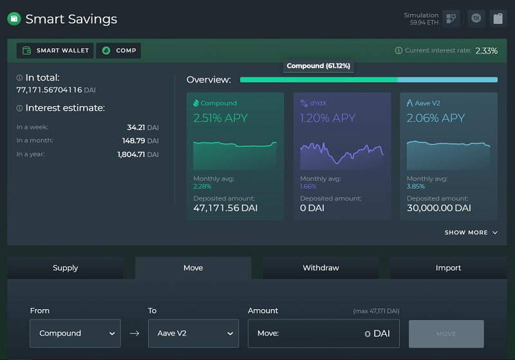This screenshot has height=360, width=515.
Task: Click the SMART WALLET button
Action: point(55,51)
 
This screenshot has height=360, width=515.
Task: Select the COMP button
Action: point(118,51)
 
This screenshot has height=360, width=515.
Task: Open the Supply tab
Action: point(66,268)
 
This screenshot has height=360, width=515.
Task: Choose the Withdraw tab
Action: point(321,268)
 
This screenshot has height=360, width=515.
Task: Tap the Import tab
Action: point(448,268)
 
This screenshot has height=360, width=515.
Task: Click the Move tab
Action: point(193,268)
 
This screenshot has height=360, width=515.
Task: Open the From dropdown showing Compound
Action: point(75,334)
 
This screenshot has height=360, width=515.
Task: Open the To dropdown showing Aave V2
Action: point(194,334)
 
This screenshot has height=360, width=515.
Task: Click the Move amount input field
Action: point(324,334)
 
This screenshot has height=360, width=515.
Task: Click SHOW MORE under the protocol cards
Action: point(471,232)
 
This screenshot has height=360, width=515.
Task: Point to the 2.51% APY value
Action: point(220,118)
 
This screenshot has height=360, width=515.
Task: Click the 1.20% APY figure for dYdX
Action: point(328,118)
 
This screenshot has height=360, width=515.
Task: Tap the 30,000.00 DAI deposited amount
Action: point(439,208)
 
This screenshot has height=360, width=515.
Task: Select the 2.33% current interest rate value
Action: point(487,51)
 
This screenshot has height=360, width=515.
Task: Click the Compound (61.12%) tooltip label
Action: point(318,66)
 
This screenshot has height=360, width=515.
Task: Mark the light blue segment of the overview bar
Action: point(447,80)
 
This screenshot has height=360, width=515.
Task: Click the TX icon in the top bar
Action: point(476,19)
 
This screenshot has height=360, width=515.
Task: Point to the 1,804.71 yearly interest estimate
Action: point(131,155)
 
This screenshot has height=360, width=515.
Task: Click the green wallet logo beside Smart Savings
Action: point(14,19)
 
